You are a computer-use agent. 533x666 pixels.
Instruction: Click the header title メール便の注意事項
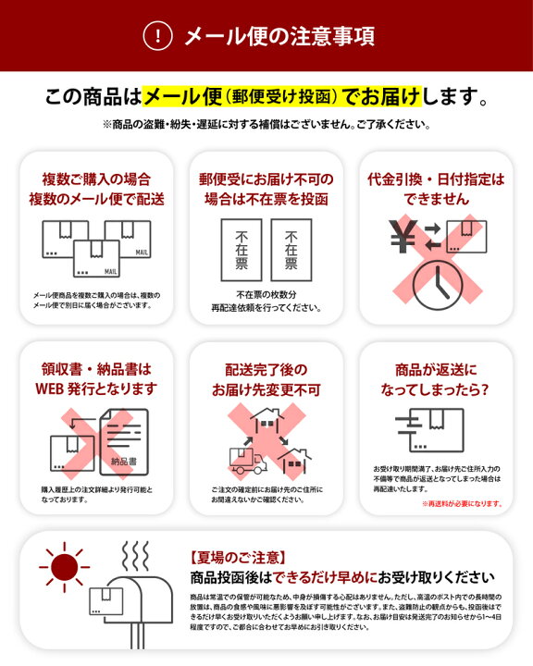point(279,36)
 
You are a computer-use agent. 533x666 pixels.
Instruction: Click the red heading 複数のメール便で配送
point(96,199)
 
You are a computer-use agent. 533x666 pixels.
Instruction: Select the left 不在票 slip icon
point(235,250)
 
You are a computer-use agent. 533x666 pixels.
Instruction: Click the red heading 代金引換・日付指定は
point(436,179)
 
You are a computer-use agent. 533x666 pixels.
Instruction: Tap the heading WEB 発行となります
point(96,388)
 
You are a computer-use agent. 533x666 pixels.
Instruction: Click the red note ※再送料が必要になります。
point(462,503)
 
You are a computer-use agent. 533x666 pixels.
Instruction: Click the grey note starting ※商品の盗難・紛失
point(266,123)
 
